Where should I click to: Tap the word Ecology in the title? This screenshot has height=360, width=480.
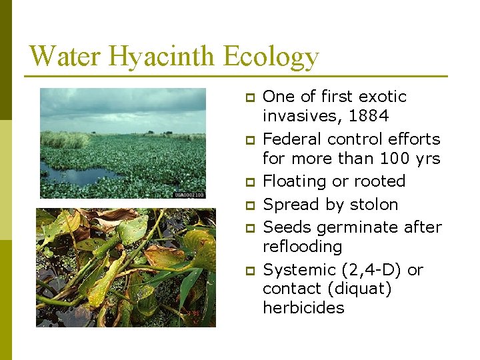click(x=271, y=56)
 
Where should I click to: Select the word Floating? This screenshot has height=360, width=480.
click(x=294, y=181)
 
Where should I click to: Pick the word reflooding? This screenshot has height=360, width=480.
click(x=302, y=247)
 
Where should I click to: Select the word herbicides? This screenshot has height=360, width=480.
click(x=303, y=308)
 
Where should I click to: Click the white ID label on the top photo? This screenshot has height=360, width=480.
click(x=189, y=194)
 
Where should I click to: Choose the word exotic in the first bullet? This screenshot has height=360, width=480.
click(x=382, y=97)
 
